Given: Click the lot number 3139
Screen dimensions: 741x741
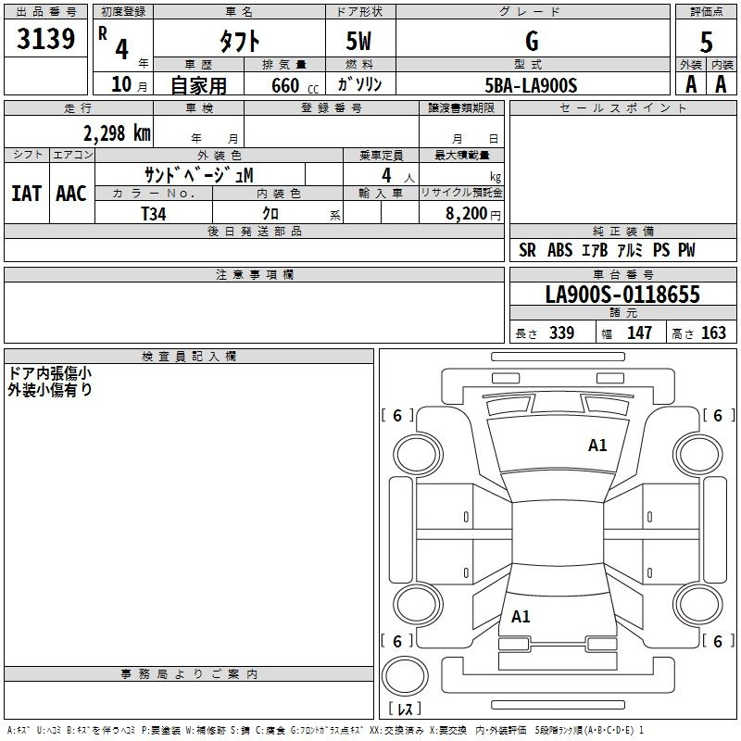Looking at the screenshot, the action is click(x=45, y=38).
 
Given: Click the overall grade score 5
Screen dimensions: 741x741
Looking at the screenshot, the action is click(x=706, y=43).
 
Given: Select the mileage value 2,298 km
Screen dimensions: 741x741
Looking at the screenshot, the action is click(x=117, y=132).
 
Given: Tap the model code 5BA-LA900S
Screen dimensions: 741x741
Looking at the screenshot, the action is click(x=531, y=85).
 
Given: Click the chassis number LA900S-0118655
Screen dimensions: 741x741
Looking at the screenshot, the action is click(x=622, y=294).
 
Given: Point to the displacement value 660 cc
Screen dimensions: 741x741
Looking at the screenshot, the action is click(x=295, y=85).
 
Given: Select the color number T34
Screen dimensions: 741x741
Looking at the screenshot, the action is click(x=154, y=214).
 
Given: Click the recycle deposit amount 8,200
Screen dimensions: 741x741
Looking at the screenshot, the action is click(x=466, y=213).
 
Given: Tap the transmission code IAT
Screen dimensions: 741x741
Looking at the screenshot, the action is click(x=27, y=194).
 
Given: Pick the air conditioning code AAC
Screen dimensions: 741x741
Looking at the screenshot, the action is click(x=71, y=194).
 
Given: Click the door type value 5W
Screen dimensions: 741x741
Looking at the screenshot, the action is click(x=358, y=41).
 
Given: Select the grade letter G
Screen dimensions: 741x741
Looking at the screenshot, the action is click(x=532, y=41).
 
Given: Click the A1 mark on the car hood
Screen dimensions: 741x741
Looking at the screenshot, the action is click(x=597, y=446).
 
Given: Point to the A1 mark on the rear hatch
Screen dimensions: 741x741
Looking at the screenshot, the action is click(x=521, y=617).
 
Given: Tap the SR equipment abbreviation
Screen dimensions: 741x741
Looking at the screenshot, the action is click(x=527, y=250).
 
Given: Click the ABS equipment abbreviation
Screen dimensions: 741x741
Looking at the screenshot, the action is click(x=560, y=250).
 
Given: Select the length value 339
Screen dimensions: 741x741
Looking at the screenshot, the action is click(x=561, y=333).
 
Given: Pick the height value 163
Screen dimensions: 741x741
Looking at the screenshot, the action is click(x=713, y=333).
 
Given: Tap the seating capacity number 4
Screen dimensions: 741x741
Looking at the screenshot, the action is click(x=386, y=175).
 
